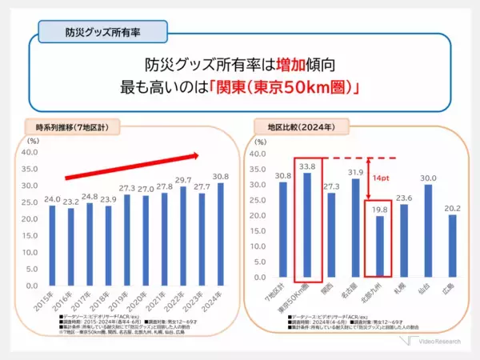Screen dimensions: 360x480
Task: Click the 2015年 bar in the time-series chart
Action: (x=52, y=245)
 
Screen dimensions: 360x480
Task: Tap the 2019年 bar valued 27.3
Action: (x=127, y=240)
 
